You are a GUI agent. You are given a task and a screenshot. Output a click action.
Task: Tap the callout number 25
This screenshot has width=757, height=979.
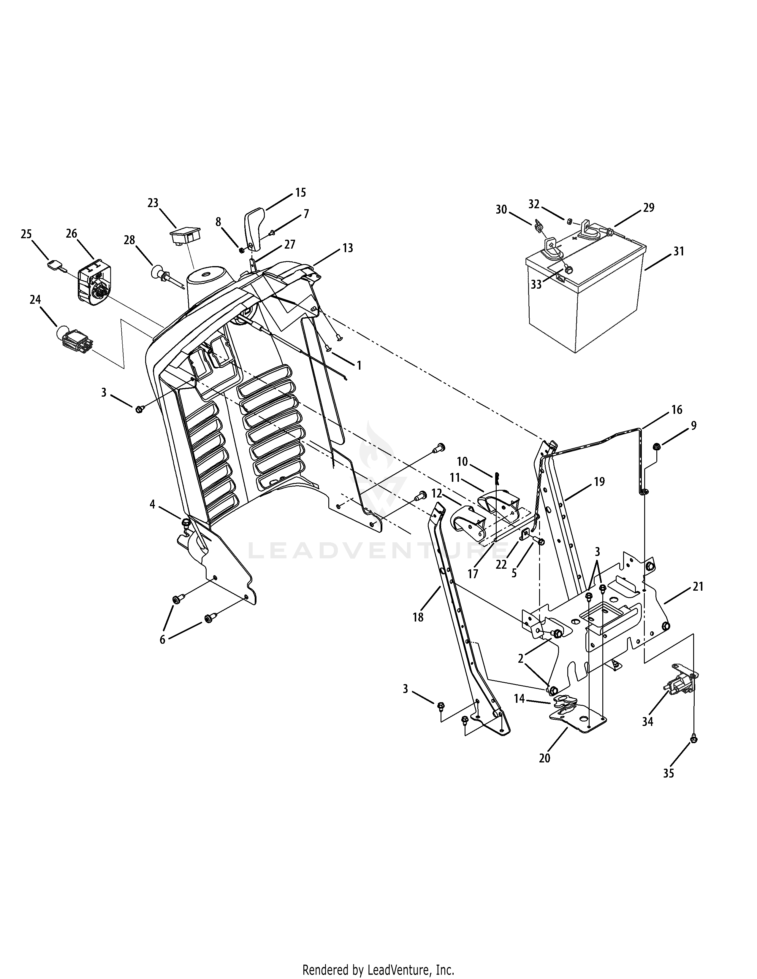pyautogui.click(x=26, y=234)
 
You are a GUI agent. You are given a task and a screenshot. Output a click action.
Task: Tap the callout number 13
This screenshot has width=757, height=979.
pyautogui.click(x=348, y=248)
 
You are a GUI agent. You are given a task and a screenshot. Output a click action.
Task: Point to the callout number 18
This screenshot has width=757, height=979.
pyautogui.click(x=418, y=617)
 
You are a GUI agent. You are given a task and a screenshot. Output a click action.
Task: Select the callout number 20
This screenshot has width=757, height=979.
pyautogui.click(x=544, y=758)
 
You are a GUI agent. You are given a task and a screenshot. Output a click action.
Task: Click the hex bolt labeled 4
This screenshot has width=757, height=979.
pyautogui.click(x=185, y=523)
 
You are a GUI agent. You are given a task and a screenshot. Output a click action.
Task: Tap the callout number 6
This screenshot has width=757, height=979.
pyautogui.click(x=162, y=640)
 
